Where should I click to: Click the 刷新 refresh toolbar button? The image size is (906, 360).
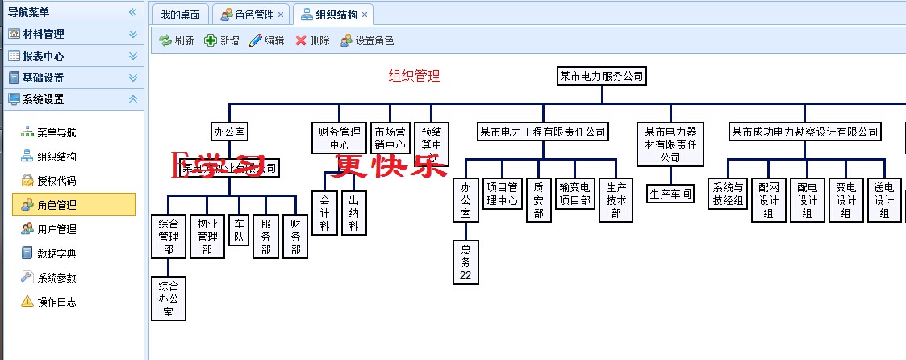[x=177, y=40]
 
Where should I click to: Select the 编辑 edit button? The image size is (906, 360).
[x=266, y=40]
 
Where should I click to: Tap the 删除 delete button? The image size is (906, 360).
[x=312, y=40]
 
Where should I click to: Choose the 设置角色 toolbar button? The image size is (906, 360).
[x=367, y=40]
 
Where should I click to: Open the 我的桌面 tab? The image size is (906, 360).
[x=180, y=15]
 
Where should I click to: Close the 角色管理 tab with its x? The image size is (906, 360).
[x=280, y=15]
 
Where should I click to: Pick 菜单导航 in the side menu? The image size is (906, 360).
[x=56, y=132]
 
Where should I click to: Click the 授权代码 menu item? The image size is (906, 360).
[x=56, y=181]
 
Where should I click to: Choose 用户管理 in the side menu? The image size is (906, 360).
[x=56, y=229]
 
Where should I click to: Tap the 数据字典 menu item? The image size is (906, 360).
[x=56, y=253]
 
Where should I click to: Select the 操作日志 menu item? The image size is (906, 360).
[x=56, y=302]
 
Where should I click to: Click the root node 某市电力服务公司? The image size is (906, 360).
[x=602, y=77]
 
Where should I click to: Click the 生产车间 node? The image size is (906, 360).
[x=670, y=194]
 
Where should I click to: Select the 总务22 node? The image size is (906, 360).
[x=466, y=262]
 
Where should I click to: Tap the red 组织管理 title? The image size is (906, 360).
[x=414, y=77]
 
